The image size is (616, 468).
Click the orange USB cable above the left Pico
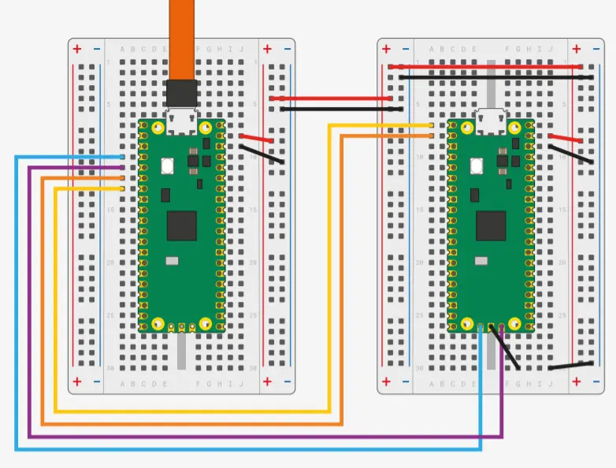pos(182,39)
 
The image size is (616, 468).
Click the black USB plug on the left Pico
pos(181,93)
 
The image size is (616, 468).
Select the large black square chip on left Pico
pos(181,225)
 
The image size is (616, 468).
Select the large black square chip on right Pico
pos(491,225)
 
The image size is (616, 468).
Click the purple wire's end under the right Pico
pos(502,326)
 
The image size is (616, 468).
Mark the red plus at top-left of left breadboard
pos(77,49)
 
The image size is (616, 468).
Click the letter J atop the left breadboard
pos(240,49)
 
